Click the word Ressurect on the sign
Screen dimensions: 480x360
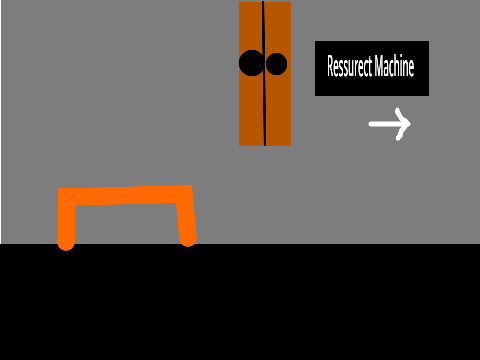(349, 66)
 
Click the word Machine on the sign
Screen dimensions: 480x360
(394, 66)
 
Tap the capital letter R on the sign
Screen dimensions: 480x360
(331, 66)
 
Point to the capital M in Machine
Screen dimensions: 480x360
(378, 66)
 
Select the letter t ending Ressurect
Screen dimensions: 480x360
(370, 67)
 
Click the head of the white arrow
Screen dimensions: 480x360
(403, 124)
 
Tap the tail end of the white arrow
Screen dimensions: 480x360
(370, 124)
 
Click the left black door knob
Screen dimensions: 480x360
(251, 63)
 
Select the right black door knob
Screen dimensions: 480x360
(276, 64)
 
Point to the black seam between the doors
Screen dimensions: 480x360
(264, 73)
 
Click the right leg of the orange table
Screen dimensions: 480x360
(186, 220)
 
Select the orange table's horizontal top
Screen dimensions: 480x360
(125, 195)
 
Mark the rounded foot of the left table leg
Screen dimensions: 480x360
(66, 244)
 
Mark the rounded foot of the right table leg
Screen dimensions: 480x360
(188, 240)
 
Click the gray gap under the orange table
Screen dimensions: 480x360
(127, 223)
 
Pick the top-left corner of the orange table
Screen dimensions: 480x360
(59, 189)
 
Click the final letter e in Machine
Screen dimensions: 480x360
(411, 69)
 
